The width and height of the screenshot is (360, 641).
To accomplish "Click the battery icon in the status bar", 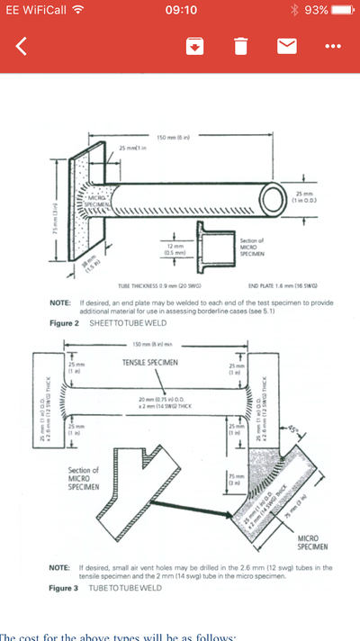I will click(343, 10).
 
